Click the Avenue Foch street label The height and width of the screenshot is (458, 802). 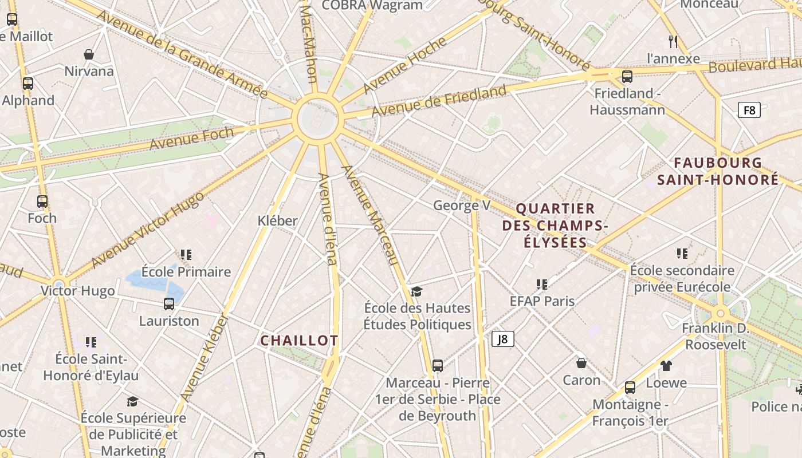191,139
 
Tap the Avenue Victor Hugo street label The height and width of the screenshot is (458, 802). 147,230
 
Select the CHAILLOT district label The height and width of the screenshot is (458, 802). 299,341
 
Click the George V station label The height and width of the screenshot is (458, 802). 462,205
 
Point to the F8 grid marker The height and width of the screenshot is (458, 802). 749,110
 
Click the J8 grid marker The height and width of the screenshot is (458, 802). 502,339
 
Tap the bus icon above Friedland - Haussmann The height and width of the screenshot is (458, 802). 627,76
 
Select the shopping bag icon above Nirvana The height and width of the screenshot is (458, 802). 89,54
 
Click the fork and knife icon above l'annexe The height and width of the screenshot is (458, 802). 673,41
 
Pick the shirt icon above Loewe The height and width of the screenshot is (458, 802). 666,365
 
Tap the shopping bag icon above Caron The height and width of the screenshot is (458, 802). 581,363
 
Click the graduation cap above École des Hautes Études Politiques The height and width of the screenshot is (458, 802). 416,291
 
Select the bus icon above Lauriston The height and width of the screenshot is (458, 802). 169,303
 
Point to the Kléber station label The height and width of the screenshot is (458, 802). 277,220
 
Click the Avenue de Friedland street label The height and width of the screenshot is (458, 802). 439,101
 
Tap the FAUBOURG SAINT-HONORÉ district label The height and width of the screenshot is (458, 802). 718,171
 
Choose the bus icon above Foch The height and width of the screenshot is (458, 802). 42,201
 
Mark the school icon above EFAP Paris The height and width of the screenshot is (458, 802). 542,284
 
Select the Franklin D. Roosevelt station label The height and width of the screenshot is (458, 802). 715,336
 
